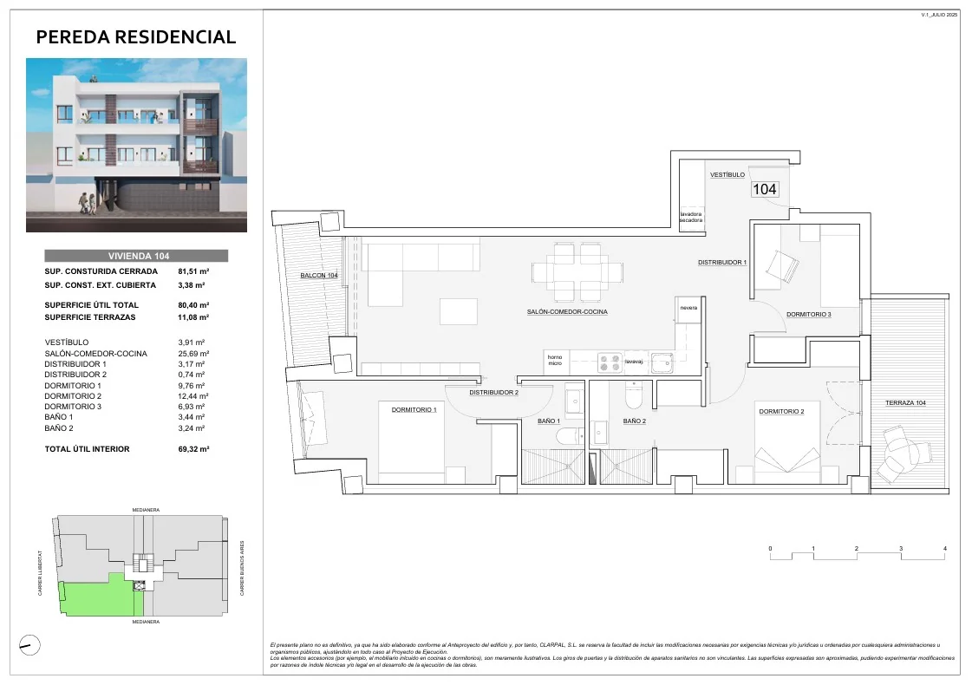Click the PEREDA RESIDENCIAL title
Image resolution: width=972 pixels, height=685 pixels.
[x=136, y=36]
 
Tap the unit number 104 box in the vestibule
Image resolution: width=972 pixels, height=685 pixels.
[x=764, y=189]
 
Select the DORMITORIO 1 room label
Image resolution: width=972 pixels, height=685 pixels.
[x=414, y=409]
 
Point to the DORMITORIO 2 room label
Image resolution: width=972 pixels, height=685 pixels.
[x=781, y=411]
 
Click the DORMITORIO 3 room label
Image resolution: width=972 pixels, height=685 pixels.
[x=808, y=314]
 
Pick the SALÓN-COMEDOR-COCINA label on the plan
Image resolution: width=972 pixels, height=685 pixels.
[x=567, y=311]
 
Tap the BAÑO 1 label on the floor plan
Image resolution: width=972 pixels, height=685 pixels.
[x=549, y=421]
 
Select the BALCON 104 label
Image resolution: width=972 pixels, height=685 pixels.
[x=319, y=275]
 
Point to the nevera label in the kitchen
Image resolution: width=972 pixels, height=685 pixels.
[x=688, y=307]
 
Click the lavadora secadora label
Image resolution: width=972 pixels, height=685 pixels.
[x=691, y=217]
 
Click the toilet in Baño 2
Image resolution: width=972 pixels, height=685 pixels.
[x=634, y=397]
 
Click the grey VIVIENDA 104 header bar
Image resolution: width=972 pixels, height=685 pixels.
[x=136, y=256]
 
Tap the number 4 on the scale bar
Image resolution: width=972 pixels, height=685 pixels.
[x=944, y=549]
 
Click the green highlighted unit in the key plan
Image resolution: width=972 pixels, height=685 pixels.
[x=91, y=598]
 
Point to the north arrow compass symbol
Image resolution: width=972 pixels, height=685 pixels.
[x=29, y=643]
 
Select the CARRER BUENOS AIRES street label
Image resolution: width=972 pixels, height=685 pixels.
[x=242, y=565]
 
